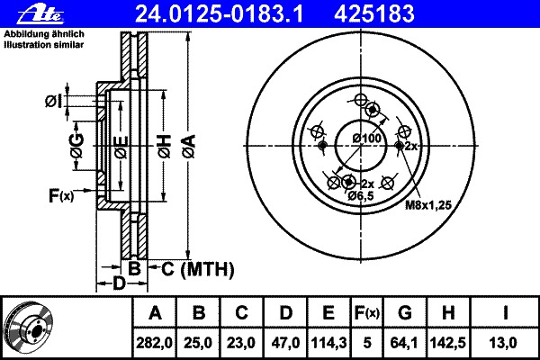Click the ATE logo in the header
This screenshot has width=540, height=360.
(x=40, y=14)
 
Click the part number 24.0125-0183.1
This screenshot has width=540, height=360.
(x=219, y=14)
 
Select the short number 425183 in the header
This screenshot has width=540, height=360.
(x=374, y=14)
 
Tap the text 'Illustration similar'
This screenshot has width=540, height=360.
(x=44, y=45)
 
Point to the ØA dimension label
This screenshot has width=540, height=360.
(x=190, y=146)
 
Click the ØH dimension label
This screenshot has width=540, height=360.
(x=165, y=146)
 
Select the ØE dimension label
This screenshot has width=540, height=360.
(x=121, y=148)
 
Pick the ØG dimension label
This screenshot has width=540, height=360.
(x=76, y=146)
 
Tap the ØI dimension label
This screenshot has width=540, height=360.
(x=54, y=102)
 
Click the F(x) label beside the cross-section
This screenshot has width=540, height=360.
(x=61, y=195)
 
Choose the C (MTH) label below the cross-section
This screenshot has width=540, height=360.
(x=198, y=269)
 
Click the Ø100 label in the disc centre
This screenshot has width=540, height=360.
(x=367, y=139)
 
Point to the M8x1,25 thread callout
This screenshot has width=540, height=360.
(x=428, y=205)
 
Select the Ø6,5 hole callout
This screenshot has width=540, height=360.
(x=361, y=195)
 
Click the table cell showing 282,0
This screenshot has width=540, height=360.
(x=154, y=343)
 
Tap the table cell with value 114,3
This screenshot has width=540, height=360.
(x=328, y=343)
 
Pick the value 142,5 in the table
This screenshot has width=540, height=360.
(x=447, y=343)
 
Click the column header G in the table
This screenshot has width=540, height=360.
(x=405, y=312)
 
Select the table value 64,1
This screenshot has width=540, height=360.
(x=404, y=343)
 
